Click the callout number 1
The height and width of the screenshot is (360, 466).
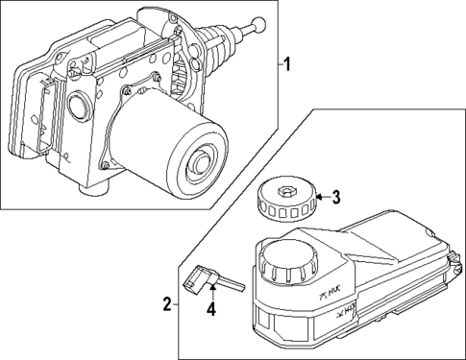click(284, 65)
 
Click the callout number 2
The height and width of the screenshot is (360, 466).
click(167, 304)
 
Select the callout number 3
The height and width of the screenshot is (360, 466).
click(335, 199)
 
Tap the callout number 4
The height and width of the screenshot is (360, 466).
click(209, 310)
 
